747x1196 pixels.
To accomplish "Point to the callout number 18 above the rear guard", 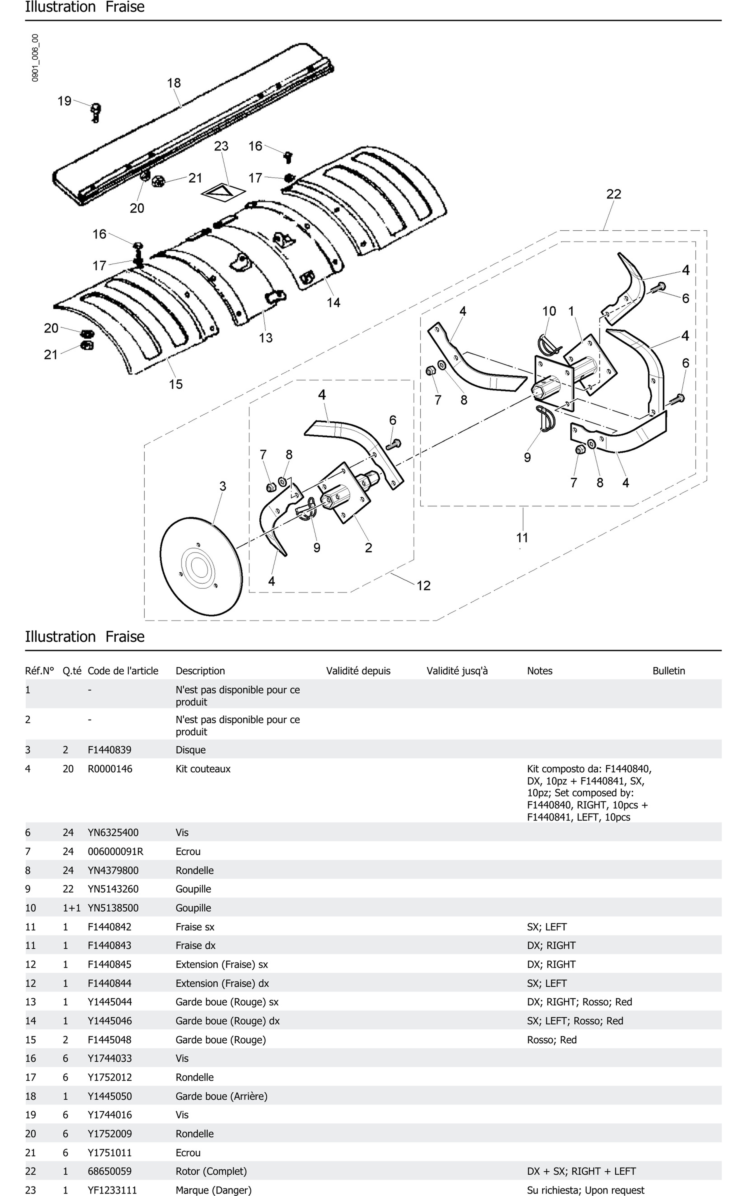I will coord(174,83).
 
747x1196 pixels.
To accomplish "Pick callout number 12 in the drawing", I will coord(423,586).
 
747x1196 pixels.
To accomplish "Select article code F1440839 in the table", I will coord(110,750).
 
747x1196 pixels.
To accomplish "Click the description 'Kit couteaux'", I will coord(203,769).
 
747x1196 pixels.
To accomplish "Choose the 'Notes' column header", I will coord(540,670).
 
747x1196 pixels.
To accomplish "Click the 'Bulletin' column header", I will coord(668,670).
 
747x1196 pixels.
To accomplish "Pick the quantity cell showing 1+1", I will coord(72,908).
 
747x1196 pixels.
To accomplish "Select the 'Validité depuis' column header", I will coord(358,670).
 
